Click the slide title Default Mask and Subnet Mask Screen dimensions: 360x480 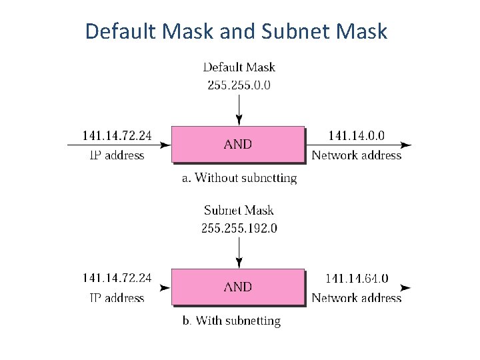coord(236,31)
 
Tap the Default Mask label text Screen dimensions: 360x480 coord(239,67)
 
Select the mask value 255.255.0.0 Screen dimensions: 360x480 coord(239,85)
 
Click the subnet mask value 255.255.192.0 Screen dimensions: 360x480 coord(239,228)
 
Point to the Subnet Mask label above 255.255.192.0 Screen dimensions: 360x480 coord(239,211)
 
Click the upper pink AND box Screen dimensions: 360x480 coord(238,145)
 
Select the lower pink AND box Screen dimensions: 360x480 coord(238,287)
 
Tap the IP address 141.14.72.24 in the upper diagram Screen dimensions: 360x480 coord(117,135)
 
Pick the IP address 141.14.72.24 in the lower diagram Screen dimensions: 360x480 coord(117,278)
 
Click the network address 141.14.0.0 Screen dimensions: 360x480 coord(356,135)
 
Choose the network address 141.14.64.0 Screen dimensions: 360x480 coord(356,279)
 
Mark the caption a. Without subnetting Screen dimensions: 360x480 coord(239,178)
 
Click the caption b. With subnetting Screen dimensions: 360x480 coord(231,321)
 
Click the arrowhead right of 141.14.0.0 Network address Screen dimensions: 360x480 coord(406,145)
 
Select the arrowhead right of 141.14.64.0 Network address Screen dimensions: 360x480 coord(406,288)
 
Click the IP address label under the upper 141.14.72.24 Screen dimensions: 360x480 coord(117,155)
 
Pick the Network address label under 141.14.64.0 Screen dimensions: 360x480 coord(356,298)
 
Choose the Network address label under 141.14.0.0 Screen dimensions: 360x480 coord(356,155)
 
